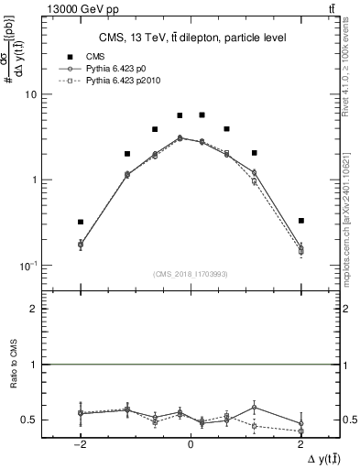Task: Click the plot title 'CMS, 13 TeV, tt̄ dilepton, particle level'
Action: [x=191, y=38]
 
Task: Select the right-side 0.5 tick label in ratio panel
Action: [x=349, y=420]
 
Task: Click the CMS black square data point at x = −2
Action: [x=81, y=222]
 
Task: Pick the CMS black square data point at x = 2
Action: [x=300, y=221]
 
